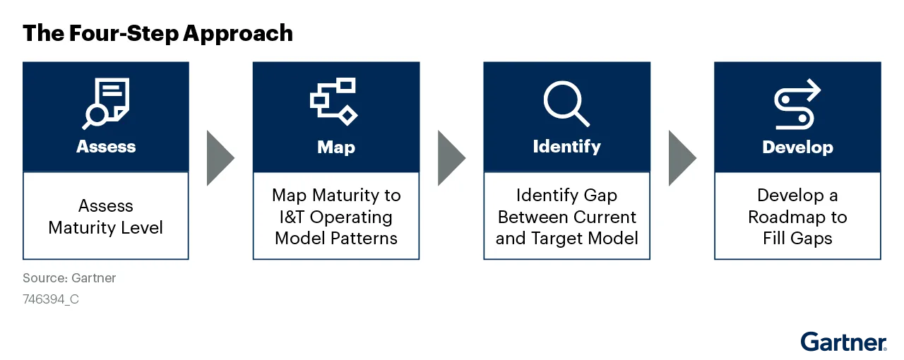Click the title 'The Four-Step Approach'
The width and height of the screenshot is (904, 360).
point(157,33)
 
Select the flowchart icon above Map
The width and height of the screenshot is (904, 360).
point(334,102)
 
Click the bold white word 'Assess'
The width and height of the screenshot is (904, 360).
point(106,147)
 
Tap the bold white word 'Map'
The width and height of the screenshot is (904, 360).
point(336,148)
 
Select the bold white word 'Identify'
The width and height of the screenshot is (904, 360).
point(566,147)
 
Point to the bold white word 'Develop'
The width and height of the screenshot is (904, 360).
point(797,148)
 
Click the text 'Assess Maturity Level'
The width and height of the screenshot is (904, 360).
point(106,217)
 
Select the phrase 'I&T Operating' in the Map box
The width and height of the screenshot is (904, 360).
point(335,217)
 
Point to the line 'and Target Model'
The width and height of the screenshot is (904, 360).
point(566,239)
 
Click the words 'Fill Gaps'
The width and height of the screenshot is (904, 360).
point(797,239)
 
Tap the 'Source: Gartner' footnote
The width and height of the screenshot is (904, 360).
point(69,278)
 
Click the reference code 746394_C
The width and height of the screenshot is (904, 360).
point(51,299)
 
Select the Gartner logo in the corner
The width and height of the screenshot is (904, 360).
point(843,342)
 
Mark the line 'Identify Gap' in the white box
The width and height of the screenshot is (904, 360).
point(566,196)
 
